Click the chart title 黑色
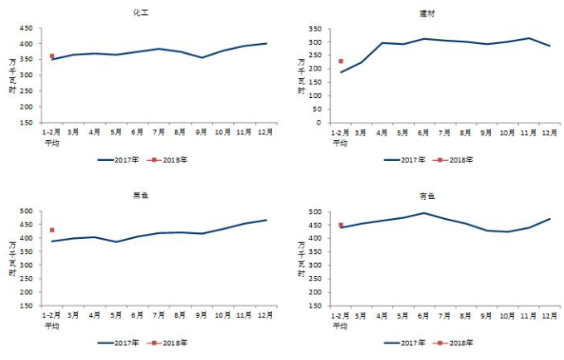[x=141, y=196]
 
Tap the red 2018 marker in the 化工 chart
[x=52, y=56]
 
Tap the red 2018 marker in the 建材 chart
[x=341, y=61]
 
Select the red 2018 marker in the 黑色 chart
[x=52, y=231]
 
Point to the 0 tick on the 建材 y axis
[x=318, y=123]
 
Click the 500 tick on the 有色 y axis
[x=314, y=212]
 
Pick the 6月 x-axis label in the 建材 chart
[x=424, y=132]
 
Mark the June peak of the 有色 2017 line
[x=424, y=213]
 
